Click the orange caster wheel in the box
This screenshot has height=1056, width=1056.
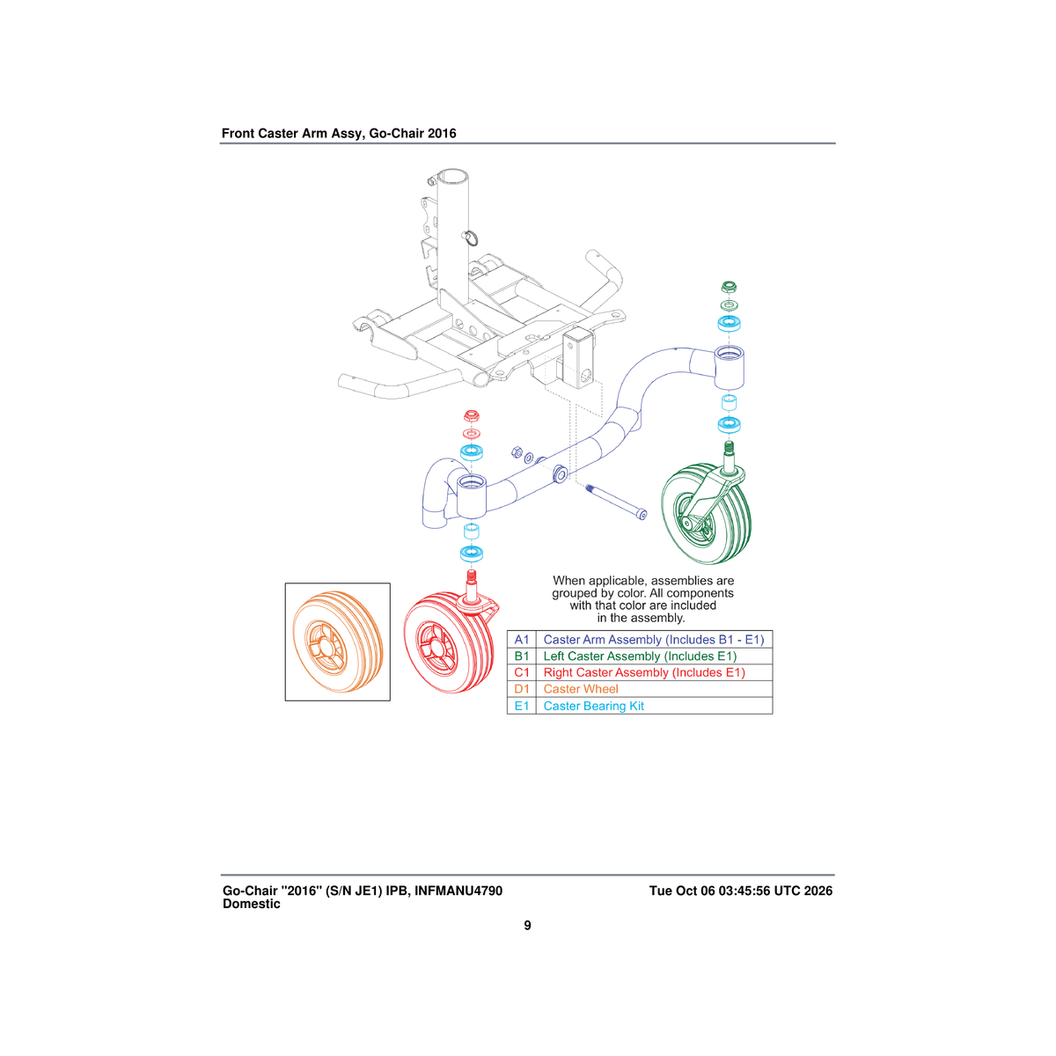coord(337,642)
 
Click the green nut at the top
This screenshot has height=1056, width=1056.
coord(729,287)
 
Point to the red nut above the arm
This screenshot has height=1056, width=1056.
coord(472,415)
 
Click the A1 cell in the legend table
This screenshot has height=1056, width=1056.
coord(521,640)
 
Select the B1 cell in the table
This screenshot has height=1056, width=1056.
coord(521,656)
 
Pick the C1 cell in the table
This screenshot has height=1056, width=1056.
coord(521,672)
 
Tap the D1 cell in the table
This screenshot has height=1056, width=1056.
coord(521,689)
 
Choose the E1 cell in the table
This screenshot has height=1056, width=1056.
coord(521,706)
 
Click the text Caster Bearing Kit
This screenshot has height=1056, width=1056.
coord(593,706)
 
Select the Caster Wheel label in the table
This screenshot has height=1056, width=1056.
coord(580,689)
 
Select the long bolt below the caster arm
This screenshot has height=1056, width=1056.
coord(616,501)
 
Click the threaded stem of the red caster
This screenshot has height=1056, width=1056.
coord(471,576)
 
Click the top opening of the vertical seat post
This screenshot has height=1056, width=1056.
coord(452,177)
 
